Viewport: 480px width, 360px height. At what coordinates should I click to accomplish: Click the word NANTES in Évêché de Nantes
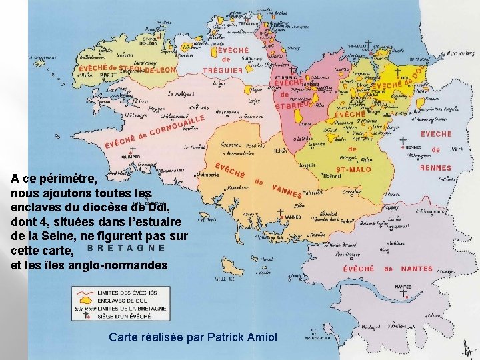coord(417,269)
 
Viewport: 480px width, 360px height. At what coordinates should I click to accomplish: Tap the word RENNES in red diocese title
coord(435,168)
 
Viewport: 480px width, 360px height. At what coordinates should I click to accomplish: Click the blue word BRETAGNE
coord(126,247)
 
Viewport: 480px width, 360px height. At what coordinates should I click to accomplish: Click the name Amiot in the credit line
coord(262,337)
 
